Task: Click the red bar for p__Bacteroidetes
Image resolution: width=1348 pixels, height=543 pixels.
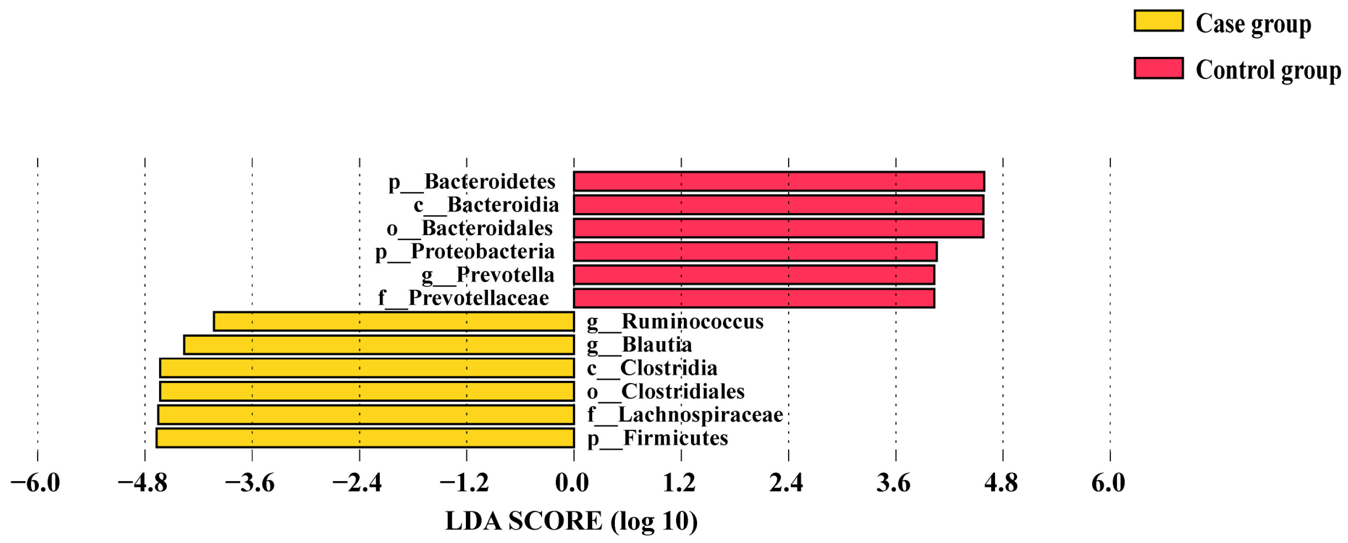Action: [779, 181]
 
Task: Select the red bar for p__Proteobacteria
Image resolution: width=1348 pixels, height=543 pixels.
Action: [755, 251]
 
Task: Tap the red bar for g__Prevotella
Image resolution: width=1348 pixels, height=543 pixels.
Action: [754, 275]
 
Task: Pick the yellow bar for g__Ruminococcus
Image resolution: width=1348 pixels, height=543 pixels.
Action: [394, 321]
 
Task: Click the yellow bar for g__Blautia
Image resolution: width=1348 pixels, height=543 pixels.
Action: [379, 345]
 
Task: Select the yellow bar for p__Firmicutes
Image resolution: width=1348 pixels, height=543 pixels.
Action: [365, 438]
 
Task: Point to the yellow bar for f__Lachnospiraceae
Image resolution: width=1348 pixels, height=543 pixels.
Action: [366, 415]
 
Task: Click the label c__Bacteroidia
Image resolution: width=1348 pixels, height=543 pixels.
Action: [486, 205]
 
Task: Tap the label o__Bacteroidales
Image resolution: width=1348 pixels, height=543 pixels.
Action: [470, 228]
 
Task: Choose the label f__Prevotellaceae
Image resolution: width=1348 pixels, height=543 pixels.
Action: [464, 298]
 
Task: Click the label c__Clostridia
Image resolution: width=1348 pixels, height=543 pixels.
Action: [652, 368]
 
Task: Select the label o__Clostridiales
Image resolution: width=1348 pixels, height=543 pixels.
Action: [666, 391]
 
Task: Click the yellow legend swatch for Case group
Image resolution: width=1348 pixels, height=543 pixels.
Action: [1158, 21]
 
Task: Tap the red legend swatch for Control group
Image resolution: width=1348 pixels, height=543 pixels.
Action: [1158, 68]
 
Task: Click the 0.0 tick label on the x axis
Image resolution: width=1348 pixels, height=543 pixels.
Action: [572, 482]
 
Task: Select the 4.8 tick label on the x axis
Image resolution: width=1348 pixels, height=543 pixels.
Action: [1001, 482]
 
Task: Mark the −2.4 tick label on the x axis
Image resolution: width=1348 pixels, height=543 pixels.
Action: [357, 482]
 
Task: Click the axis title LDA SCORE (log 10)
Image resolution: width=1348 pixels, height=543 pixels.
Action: [572, 521]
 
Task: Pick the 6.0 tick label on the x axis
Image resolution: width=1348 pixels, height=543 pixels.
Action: [1108, 482]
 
